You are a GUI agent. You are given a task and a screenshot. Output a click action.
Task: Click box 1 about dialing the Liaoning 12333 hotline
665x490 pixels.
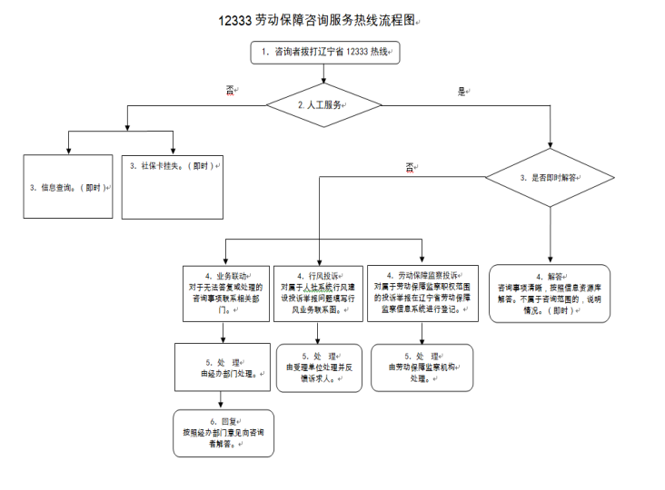pyautogui.click(x=326, y=54)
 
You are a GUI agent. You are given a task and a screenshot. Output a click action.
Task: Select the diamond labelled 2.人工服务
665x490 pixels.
pyautogui.click(x=323, y=105)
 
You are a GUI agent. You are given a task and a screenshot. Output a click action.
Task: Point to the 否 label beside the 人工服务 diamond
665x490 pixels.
pyautogui.click(x=230, y=90)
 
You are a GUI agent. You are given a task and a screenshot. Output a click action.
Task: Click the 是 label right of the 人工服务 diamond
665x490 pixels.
pyautogui.click(x=462, y=91)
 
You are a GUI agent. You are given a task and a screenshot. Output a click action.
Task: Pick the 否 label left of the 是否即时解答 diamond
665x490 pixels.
pyautogui.click(x=410, y=167)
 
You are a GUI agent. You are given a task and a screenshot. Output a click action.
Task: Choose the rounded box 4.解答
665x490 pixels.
pyautogui.click(x=549, y=293)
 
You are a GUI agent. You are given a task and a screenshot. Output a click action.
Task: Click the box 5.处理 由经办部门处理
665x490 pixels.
pyautogui.click(x=223, y=367)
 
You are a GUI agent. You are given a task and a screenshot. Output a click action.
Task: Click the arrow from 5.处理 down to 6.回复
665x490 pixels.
pyautogui.click(x=223, y=400)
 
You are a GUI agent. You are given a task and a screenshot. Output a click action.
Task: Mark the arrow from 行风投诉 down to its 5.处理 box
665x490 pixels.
pyautogui.click(x=319, y=334)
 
